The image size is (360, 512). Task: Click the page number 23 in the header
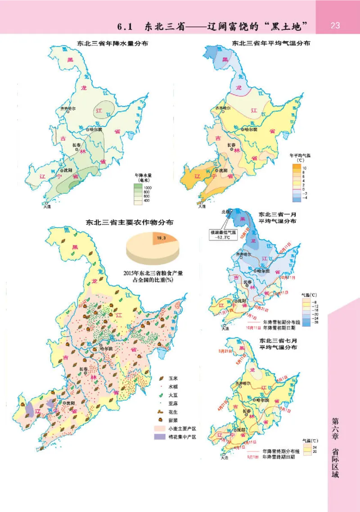(x=335, y=25)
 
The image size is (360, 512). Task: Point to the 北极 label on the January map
(x=225, y=211)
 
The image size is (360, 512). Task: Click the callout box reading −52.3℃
(x=225, y=235)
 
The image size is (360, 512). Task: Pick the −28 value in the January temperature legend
(x=317, y=323)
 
